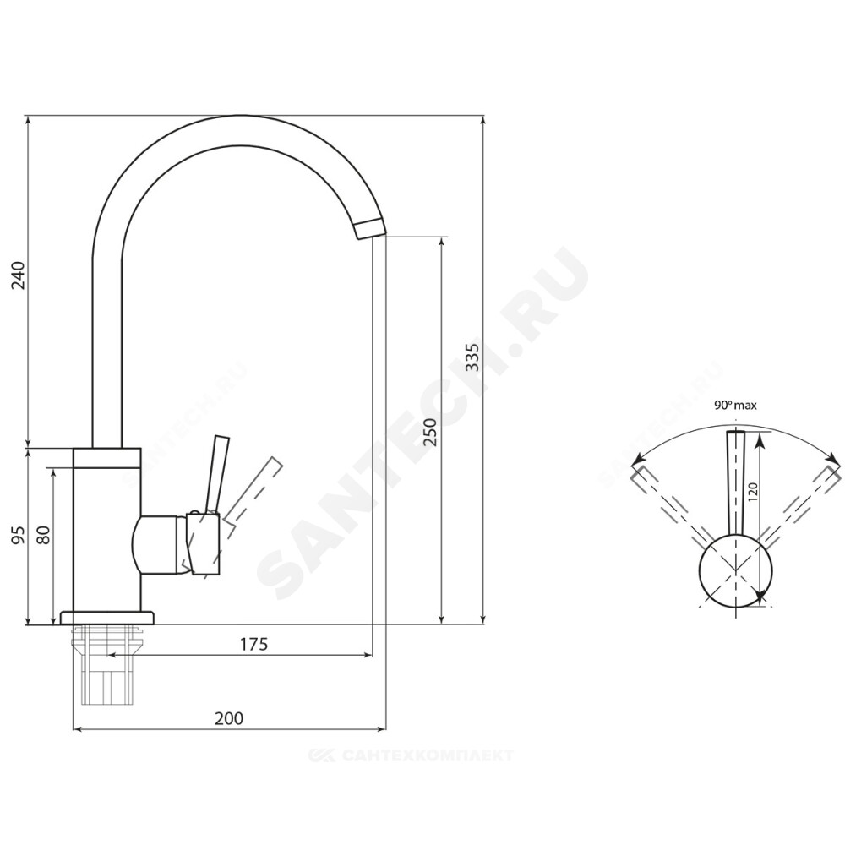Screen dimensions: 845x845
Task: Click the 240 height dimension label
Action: click(19, 275)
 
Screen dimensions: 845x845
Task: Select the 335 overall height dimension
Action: click(472, 357)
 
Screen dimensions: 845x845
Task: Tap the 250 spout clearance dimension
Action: click(430, 432)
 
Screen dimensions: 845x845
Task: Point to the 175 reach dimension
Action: click(253, 644)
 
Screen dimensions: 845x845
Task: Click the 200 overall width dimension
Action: click(229, 718)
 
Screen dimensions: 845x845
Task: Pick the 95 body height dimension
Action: click(19, 535)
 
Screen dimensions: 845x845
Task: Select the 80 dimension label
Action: click(44, 535)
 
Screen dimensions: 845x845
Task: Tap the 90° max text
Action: click(735, 406)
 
